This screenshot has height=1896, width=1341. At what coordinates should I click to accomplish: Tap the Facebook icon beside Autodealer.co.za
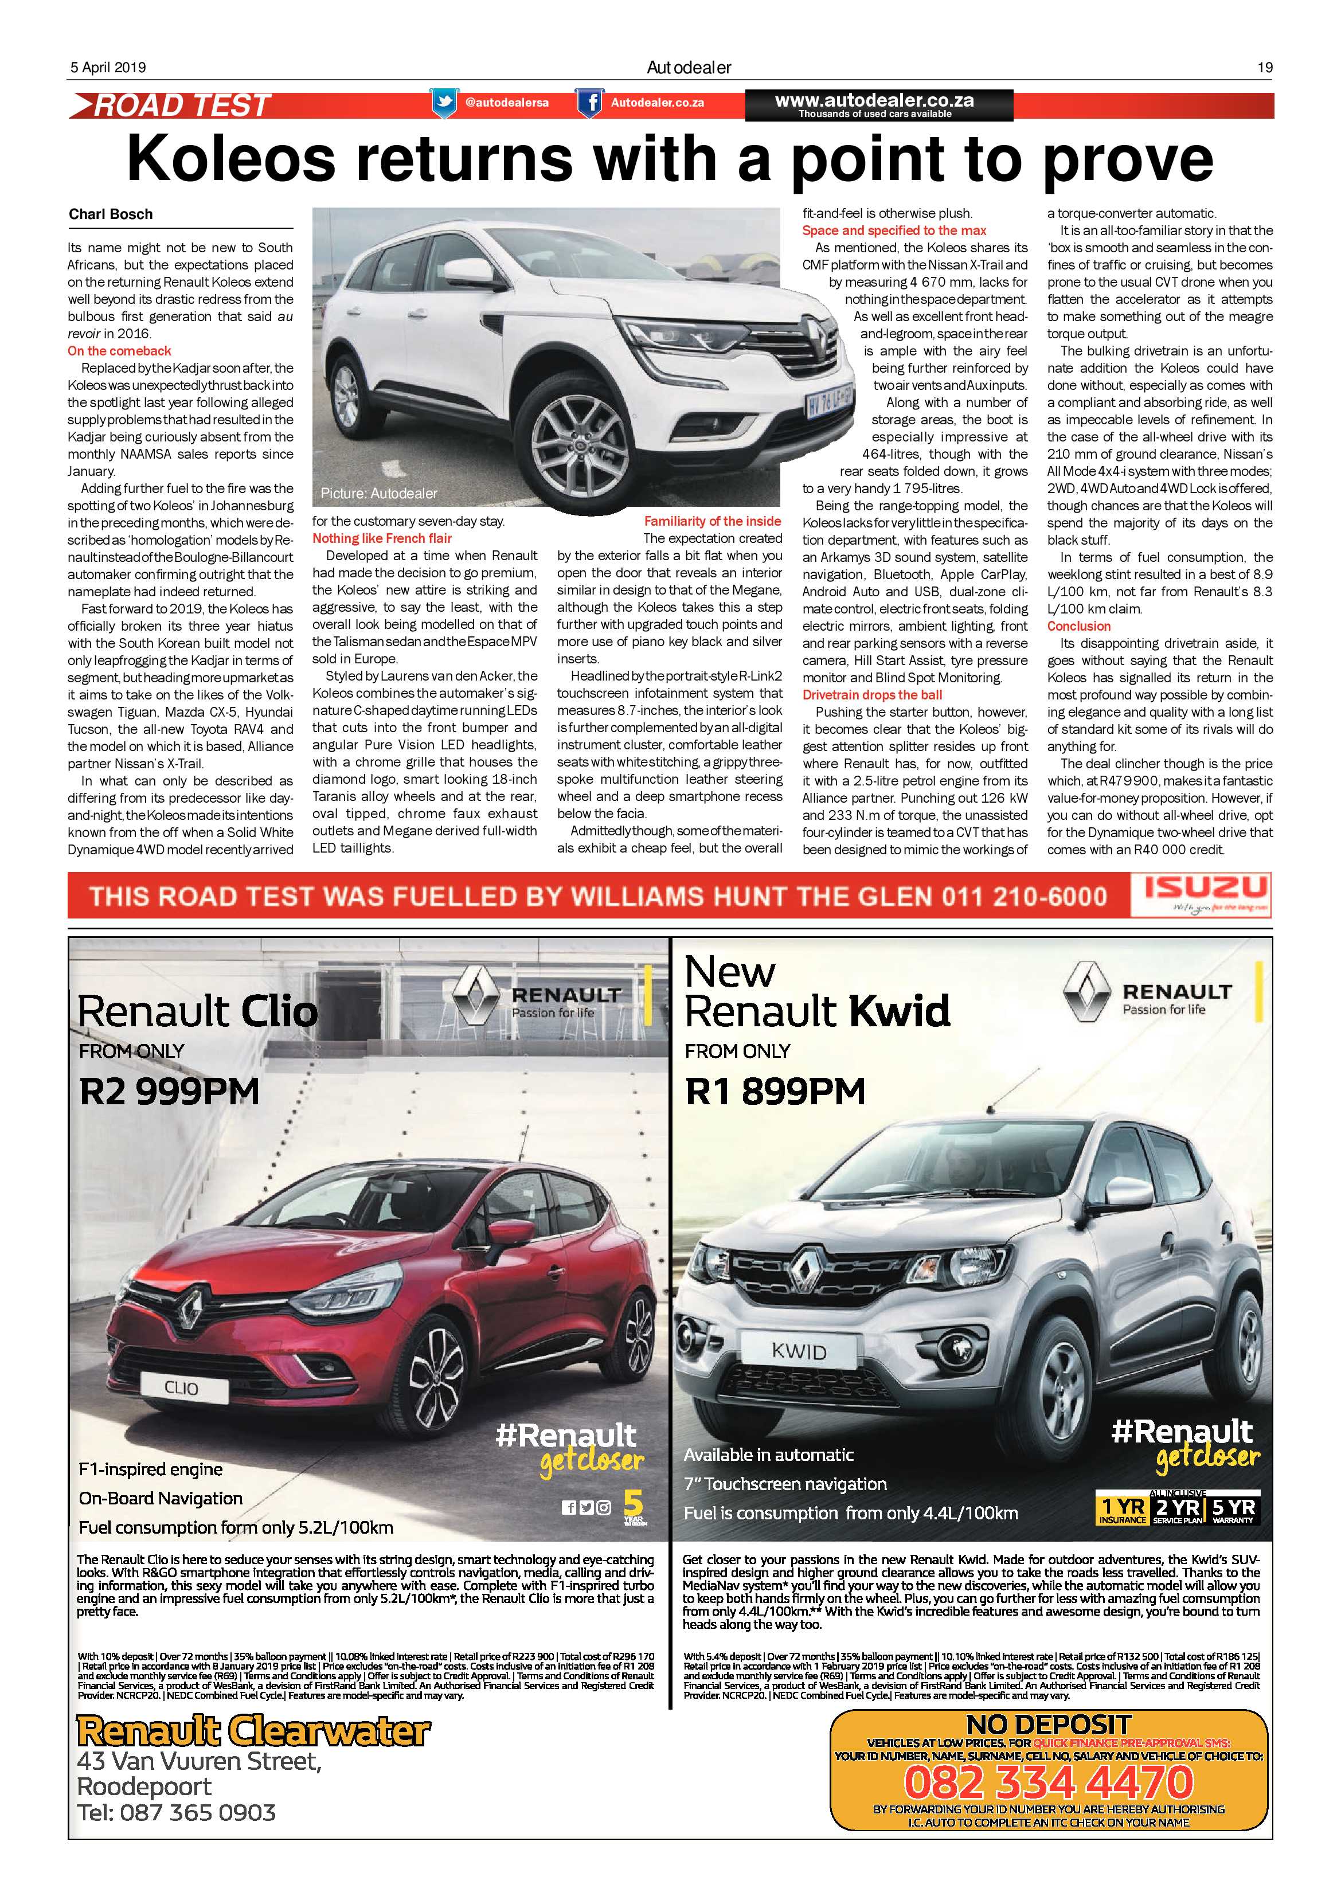coord(589,103)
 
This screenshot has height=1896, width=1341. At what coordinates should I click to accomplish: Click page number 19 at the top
coord(1264,68)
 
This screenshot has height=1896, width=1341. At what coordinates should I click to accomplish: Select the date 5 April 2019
coord(107,68)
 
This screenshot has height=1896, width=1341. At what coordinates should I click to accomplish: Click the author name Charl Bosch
coord(111,214)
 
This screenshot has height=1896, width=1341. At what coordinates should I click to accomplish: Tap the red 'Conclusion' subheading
coord(1078,626)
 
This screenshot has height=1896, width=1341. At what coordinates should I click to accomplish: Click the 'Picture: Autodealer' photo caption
coord(378,494)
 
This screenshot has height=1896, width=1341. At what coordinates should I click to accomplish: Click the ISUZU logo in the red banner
coord(1206,889)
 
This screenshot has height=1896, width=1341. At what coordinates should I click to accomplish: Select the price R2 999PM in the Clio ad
coord(169,1091)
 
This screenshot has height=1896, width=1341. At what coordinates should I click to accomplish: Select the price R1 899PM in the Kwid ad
coord(775,1091)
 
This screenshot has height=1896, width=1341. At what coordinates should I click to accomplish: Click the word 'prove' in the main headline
coord(1127,159)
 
